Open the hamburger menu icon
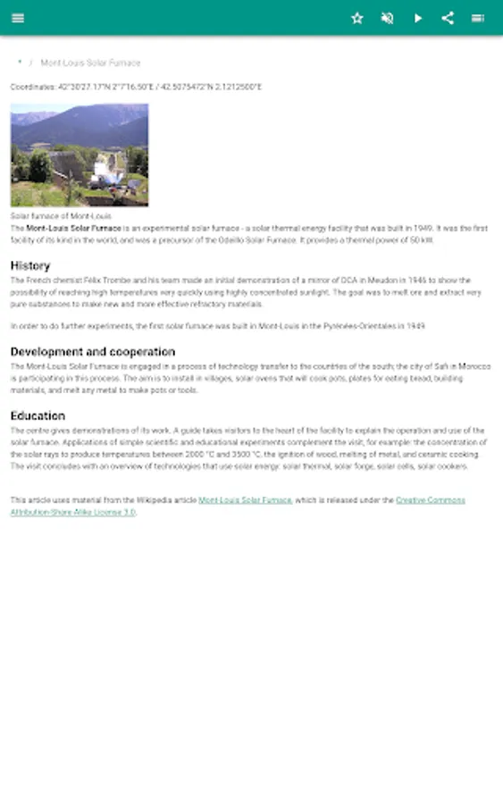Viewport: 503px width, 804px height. click(x=18, y=18)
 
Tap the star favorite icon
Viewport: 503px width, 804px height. click(x=357, y=18)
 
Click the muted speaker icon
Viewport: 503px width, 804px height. click(x=387, y=18)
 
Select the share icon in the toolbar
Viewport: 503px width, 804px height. click(x=449, y=18)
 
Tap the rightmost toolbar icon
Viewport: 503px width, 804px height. click(x=478, y=18)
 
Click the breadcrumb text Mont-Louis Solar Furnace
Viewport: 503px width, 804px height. click(x=90, y=63)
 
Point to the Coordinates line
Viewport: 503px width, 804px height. click(x=136, y=87)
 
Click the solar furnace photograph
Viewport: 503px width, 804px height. click(x=80, y=155)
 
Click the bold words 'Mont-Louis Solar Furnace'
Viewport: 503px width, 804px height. click(x=73, y=229)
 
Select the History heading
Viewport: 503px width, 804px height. click(x=30, y=265)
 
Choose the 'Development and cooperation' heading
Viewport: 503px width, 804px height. click(x=93, y=351)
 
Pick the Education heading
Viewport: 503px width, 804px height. click(x=38, y=415)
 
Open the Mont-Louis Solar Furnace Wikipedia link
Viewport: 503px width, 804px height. click(x=245, y=500)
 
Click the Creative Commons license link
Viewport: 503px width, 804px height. click(x=430, y=500)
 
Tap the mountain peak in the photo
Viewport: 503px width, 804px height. click(x=107, y=110)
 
